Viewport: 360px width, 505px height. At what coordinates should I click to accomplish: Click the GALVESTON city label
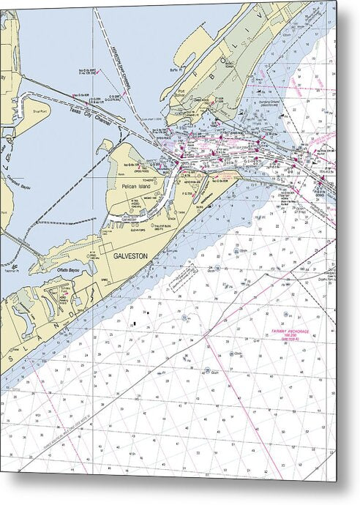pos(130,256)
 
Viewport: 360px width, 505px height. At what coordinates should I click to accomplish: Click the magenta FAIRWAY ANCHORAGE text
pos(288,331)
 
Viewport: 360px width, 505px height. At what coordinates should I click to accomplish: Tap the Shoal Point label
pos(40,112)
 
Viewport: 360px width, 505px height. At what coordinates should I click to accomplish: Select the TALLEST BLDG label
pos(150,228)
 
